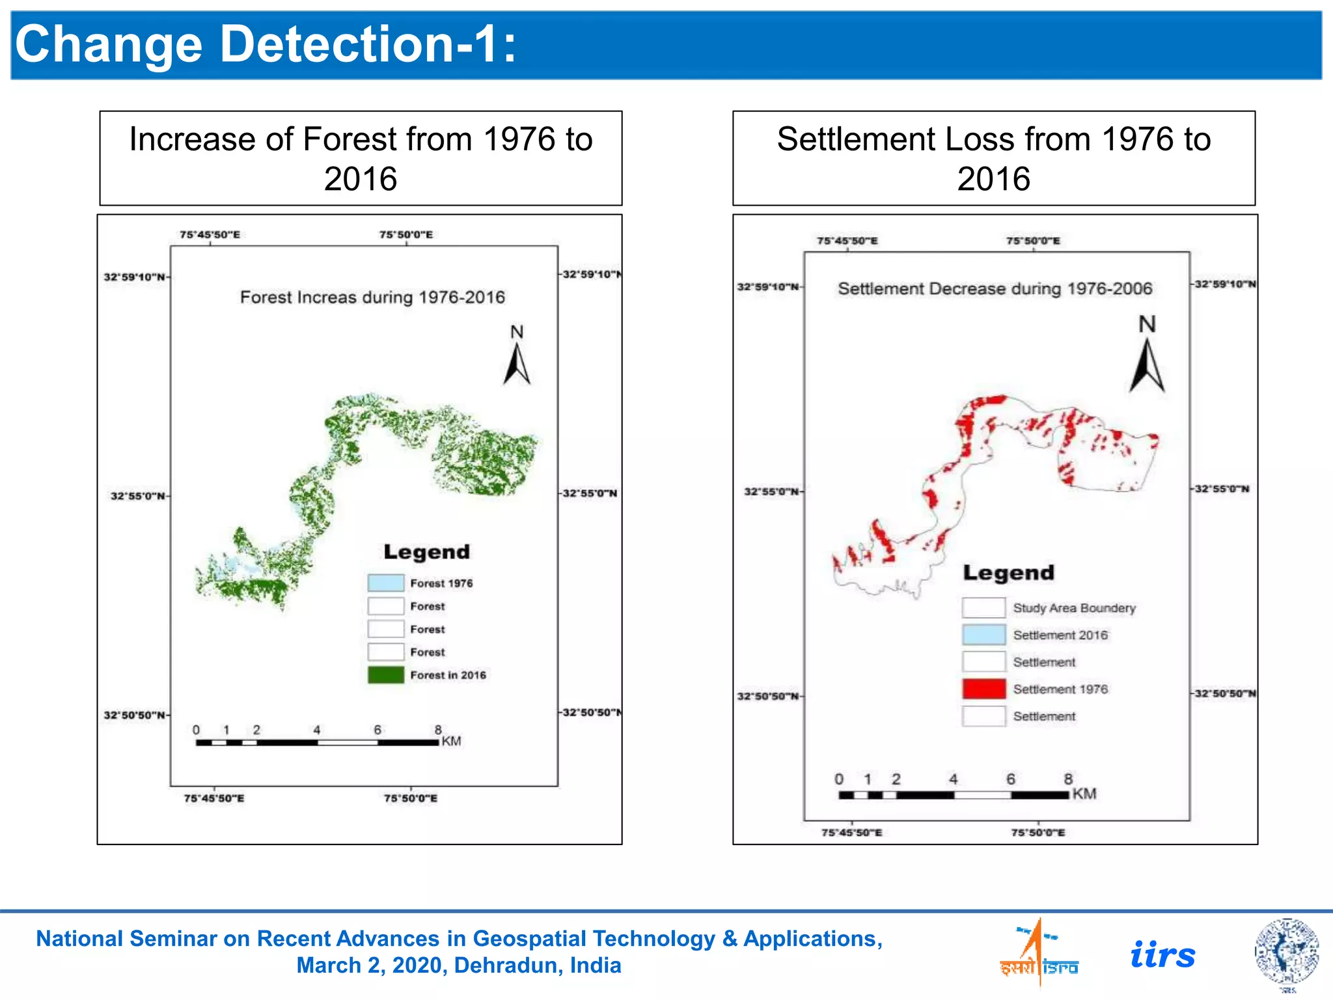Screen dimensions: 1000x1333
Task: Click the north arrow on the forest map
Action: pyautogui.click(x=517, y=364)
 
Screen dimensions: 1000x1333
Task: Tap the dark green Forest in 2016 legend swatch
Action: pyautogui.click(x=386, y=674)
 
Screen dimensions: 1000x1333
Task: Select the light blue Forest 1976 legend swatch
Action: pyautogui.click(x=386, y=583)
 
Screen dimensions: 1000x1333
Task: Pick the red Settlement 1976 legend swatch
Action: pyautogui.click(x=983, y=689)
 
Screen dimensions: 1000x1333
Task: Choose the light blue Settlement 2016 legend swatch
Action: pyautogui.click(x=983, y=635)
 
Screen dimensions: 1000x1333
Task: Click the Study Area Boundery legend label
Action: pyautogui.click(x=1074, y=608)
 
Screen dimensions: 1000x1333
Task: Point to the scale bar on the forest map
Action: pyautogui.click(x=317, y=742)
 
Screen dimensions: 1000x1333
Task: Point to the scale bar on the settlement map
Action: pyautogui.click(x=954, y=795)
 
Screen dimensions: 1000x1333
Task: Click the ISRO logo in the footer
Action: pyautogui.click(x=1039, y=954)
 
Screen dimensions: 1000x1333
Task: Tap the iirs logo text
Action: pyautogui.click(x=1162, y=955)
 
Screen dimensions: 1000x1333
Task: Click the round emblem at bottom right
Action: pyautogui.click(x=1287, y=952)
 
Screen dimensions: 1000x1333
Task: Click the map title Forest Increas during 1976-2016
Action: pyautogui.click(x=372, y=298)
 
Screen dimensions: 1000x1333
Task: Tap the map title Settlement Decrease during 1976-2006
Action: pyautogui.click(x=995, y=288)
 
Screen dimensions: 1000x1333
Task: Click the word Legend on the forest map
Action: pyautogui.click(x=426, y=552)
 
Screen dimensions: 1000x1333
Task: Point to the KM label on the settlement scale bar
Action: pyautogui.click(x=1084, y=794)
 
